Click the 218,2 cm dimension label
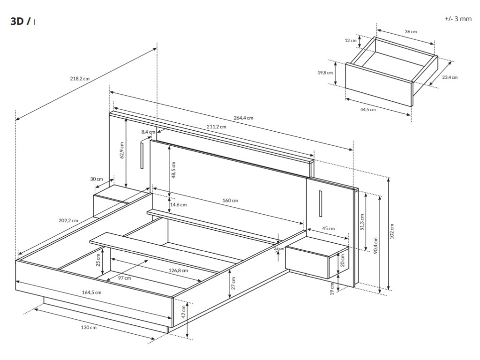pos(80,78)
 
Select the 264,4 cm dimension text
pos(243,118)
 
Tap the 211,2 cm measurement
pos(216,127)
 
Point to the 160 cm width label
pos(230,201)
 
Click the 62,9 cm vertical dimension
pos(121,150)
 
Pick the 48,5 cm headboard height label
pos(173,170)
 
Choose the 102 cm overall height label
pos(392,231)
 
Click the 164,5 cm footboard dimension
pos(92,292)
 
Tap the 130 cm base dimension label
pos(89,327)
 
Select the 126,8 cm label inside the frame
pos(178,270)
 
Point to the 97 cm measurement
pos(124,277)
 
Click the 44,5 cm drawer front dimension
pos(368,109)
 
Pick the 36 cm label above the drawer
pos(411,31)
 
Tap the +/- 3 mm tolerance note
pos(458,19)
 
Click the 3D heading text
pos(20,22)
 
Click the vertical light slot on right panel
pos(320,203)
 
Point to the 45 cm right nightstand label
pos(329,229)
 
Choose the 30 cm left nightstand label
pos(97,179)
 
